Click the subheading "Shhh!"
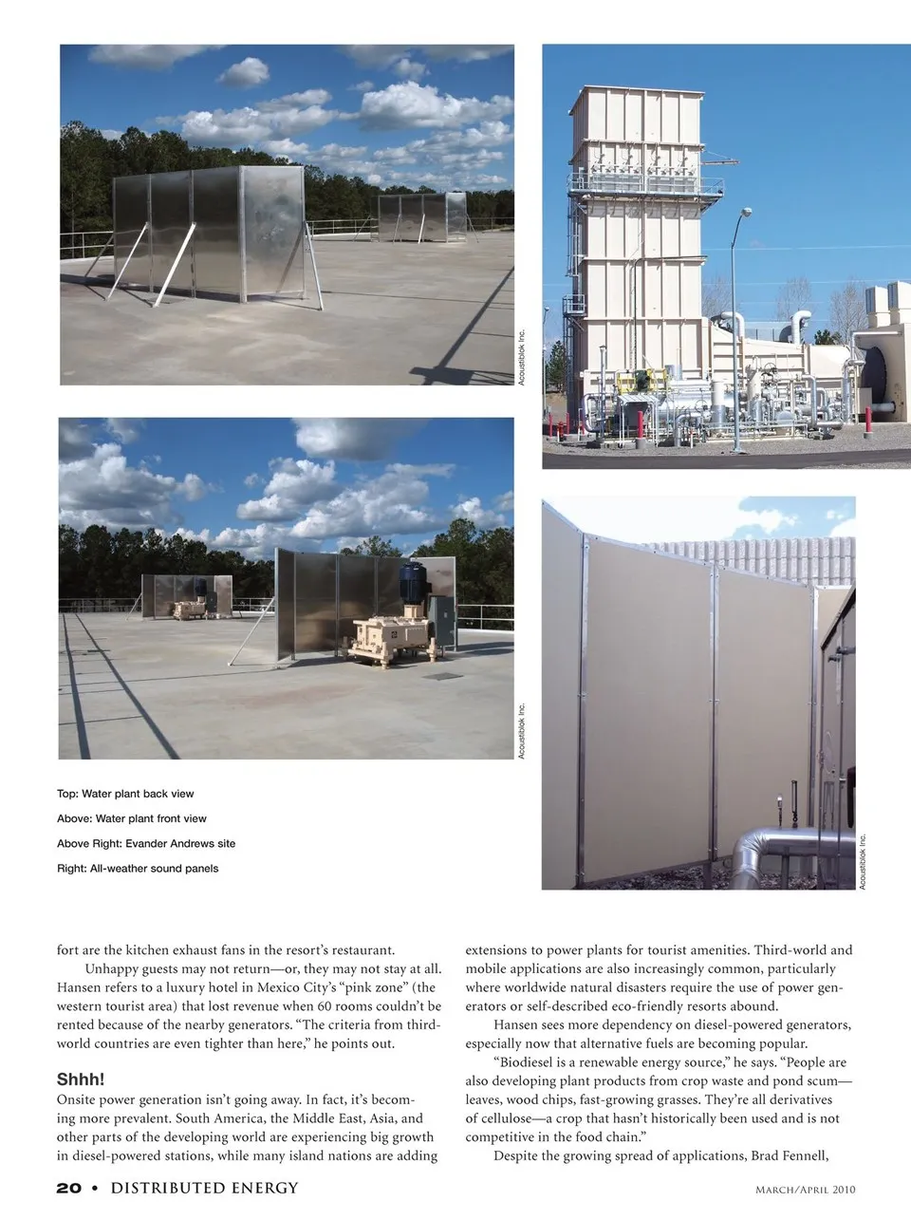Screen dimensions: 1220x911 pos(81,1079)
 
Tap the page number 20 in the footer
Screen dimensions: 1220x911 pos(68,1188)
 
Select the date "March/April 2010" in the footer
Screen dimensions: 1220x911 pos(805,1189)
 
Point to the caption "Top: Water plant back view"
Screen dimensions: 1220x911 pos(125,794)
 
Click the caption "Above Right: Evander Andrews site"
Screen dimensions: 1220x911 pos(146,843)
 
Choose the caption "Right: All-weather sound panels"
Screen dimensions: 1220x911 pos(138,868)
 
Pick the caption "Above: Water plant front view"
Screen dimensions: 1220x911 pos(132,818)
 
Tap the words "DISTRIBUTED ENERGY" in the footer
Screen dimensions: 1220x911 pos(204,1188)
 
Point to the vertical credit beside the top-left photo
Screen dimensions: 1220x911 pos(521,356)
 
